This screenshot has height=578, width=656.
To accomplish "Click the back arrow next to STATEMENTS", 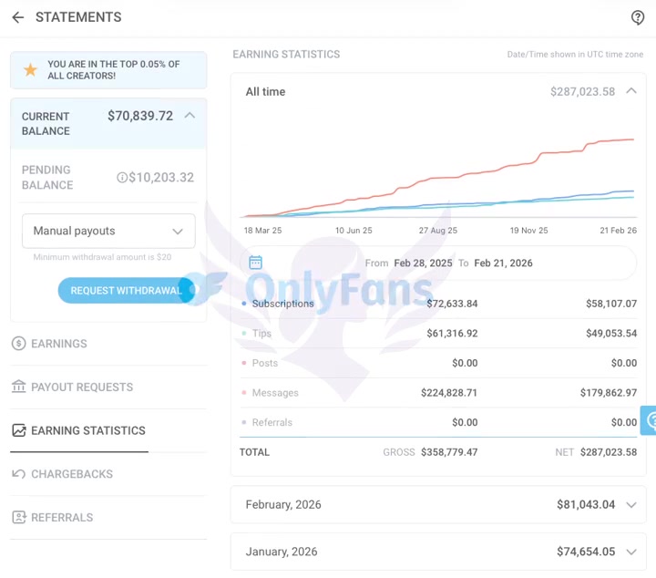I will point(17,17).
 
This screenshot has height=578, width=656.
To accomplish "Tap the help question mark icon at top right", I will point(638,17).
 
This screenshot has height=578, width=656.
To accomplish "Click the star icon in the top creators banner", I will point(30,70).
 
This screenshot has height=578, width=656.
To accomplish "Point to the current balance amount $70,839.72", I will point(140,116).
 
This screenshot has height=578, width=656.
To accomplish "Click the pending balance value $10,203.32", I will point(161,178).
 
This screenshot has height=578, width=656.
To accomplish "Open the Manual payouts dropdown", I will point(108,231).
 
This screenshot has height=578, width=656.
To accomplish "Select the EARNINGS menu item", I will point(59,344).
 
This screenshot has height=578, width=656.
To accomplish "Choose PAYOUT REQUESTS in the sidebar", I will point(82,387).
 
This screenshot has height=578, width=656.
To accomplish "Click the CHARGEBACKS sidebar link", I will point(72,474).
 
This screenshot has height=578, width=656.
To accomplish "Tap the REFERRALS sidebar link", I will point(62,518).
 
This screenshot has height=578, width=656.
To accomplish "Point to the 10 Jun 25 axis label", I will point(354,231).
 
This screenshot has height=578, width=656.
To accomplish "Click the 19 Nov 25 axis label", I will point(528,231).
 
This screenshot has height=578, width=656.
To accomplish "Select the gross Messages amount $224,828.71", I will point(449,393).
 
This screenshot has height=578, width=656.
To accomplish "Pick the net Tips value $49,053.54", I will point(610,334).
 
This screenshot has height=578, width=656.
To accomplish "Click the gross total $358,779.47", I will point(449,452).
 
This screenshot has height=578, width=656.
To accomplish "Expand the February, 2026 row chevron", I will point(631,505).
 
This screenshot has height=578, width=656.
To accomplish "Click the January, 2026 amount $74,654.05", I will point(586,552).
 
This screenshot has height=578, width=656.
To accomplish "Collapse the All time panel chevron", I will point(631,91).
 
